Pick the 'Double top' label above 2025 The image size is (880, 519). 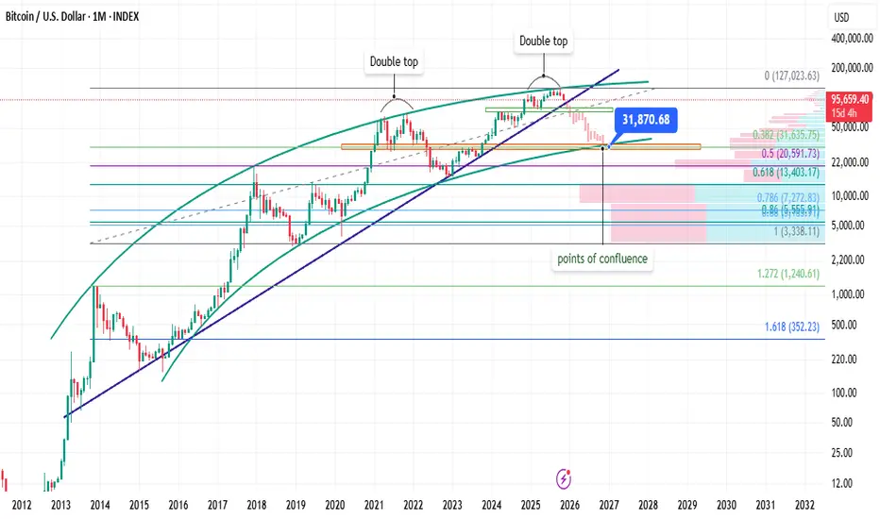544,42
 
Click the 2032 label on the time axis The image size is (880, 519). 804,505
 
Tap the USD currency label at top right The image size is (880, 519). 841,17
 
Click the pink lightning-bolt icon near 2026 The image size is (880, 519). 565,477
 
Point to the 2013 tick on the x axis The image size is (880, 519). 60,505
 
